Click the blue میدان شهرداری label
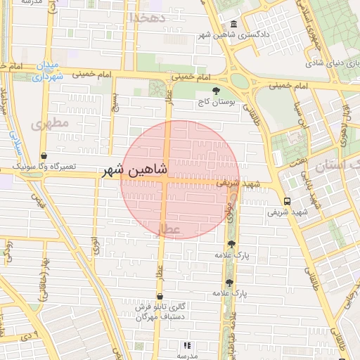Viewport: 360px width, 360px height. (x=49, y=71)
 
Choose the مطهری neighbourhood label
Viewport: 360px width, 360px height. (x=50, y=124)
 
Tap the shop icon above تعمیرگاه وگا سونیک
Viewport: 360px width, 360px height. (x=44, y=156)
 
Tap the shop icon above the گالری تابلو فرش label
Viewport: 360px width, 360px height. (x=160, y=297)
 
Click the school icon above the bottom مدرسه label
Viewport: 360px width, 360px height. (x=187, y=345)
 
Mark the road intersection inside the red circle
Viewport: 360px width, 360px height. (x=167, y=179)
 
